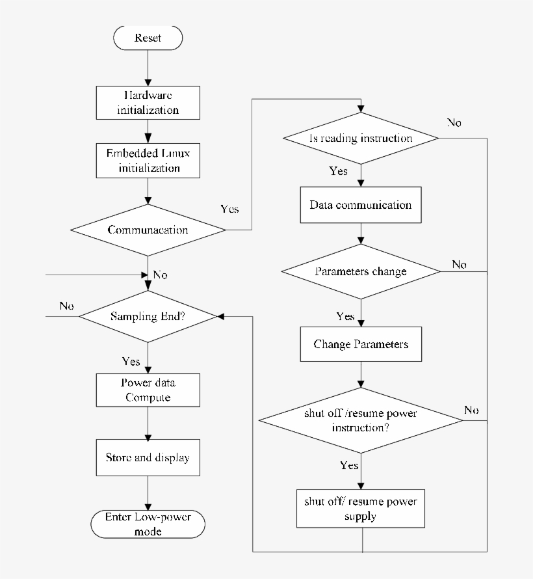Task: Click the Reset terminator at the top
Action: (148, 38)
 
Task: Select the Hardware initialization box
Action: (148, 102)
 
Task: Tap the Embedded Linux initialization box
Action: (148, 161)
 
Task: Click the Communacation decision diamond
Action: (148, 230)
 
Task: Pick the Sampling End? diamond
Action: (148, 317)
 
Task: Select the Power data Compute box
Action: (148, 390)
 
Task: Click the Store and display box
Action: (148, 458)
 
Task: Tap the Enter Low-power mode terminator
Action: (148, 524)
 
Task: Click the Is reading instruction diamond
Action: (361, 139)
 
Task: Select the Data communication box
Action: (361, 205)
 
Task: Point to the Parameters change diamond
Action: (361, 271)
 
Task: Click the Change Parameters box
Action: (361, 344)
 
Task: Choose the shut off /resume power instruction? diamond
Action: (361, 420)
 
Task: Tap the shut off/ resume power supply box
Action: (361, 509)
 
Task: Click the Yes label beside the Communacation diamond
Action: (229, 209)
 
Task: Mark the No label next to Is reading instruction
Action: (454, 123)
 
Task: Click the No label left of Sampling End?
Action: (66, 306)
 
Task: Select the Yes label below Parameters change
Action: (345, 317)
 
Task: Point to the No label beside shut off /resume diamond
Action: (471, 410)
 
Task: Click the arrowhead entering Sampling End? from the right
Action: (221, 317)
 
